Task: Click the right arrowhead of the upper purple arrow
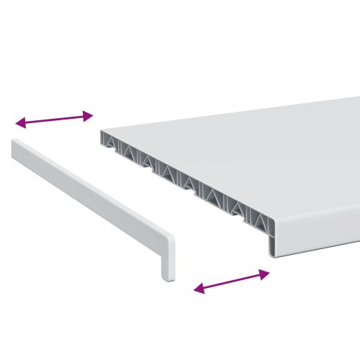coord(89,114)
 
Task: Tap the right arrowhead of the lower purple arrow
coord(266,273)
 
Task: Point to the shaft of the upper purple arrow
coord(54,119)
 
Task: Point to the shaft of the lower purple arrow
coord(232,281)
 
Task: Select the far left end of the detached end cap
coord(14,148)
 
